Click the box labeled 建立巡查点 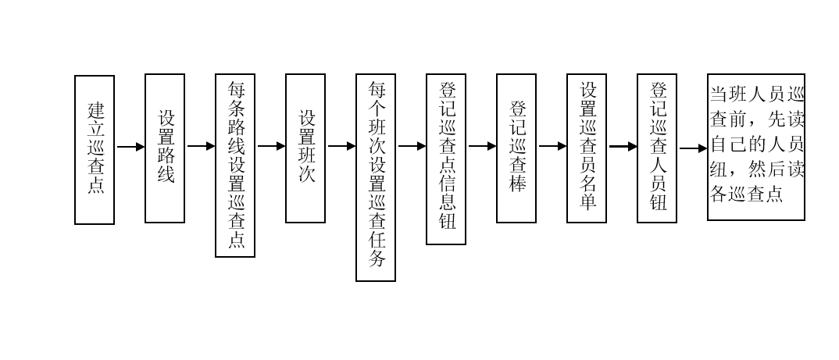point(95,149)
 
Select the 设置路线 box point(165,148)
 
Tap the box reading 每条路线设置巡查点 point(235,165)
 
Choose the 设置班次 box point(305,148)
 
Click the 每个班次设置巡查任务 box point(376,177)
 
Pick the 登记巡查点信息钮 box point(446,159)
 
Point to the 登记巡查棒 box point(516,148)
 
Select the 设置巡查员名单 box point(587,148)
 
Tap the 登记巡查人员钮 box point(657,148)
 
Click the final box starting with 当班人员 point(755,148)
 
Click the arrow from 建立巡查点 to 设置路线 point(130,146)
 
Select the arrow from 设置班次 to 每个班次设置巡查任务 point(341,146)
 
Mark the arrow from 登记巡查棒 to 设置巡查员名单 point(552,146)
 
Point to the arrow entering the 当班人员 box point(693,148)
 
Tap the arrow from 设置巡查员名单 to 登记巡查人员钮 point(623,146)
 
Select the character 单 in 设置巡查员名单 point(587,201)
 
